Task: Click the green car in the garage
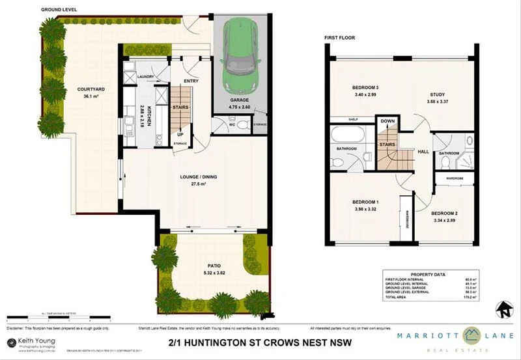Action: coord(239,57)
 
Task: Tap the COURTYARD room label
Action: coord(87,89)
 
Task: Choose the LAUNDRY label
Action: coord(145,76)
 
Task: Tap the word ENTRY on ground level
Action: coord(191,81)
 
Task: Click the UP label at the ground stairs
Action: coord(180,135)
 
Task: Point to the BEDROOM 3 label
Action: coord(365,87)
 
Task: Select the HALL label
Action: coord(423,150)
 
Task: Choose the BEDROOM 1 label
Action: coord(365,202)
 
